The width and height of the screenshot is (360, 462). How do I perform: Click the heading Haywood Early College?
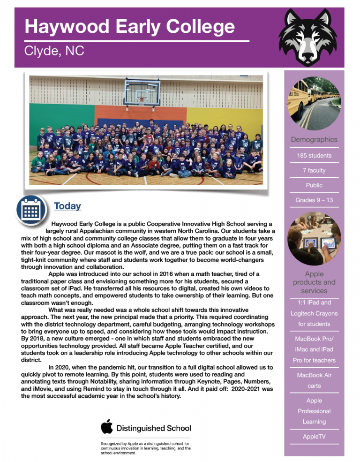(129, 26)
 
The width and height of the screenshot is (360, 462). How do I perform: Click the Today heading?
(67, 206)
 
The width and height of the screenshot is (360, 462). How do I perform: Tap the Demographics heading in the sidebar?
(314, 139)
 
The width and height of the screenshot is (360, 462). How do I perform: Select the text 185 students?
(314, 155)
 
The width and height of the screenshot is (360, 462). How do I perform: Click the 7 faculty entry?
(314, 170)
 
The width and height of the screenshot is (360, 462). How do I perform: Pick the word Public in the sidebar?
(314, 185)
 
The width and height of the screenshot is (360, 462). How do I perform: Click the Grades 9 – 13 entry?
(314, 200)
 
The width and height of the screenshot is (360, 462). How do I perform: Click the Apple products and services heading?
(314, 282)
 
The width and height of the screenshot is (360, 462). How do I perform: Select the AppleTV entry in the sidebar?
(314, 437)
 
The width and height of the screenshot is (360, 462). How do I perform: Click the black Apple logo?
(107, 427)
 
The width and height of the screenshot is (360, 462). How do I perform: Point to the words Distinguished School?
(153, 428)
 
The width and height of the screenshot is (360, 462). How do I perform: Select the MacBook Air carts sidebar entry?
(314, 380)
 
